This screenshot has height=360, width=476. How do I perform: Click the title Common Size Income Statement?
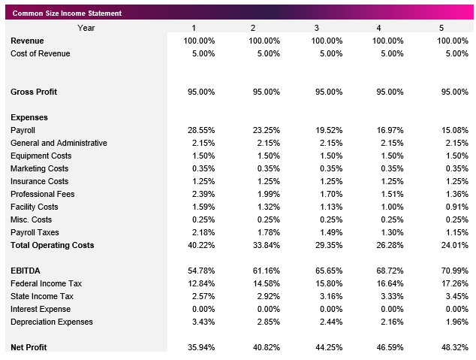pos(67,14)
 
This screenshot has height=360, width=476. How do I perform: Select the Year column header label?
pos(86,28)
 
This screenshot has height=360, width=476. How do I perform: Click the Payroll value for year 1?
pos(200,130)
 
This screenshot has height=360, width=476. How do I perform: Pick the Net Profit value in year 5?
pos(453,347)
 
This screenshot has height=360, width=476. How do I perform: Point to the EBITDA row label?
pos(26,271)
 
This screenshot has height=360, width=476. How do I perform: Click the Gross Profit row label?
pos(34,92)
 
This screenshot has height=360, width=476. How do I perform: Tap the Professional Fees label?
pos(42,194)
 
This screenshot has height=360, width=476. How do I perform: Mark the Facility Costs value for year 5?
pos(453,207)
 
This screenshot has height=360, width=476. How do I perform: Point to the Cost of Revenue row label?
pos(40,53)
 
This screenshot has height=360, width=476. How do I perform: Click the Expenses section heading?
pos(29,117)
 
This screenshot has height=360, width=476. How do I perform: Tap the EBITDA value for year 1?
pos(200,271)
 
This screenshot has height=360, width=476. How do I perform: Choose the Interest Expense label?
pos(41,309)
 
